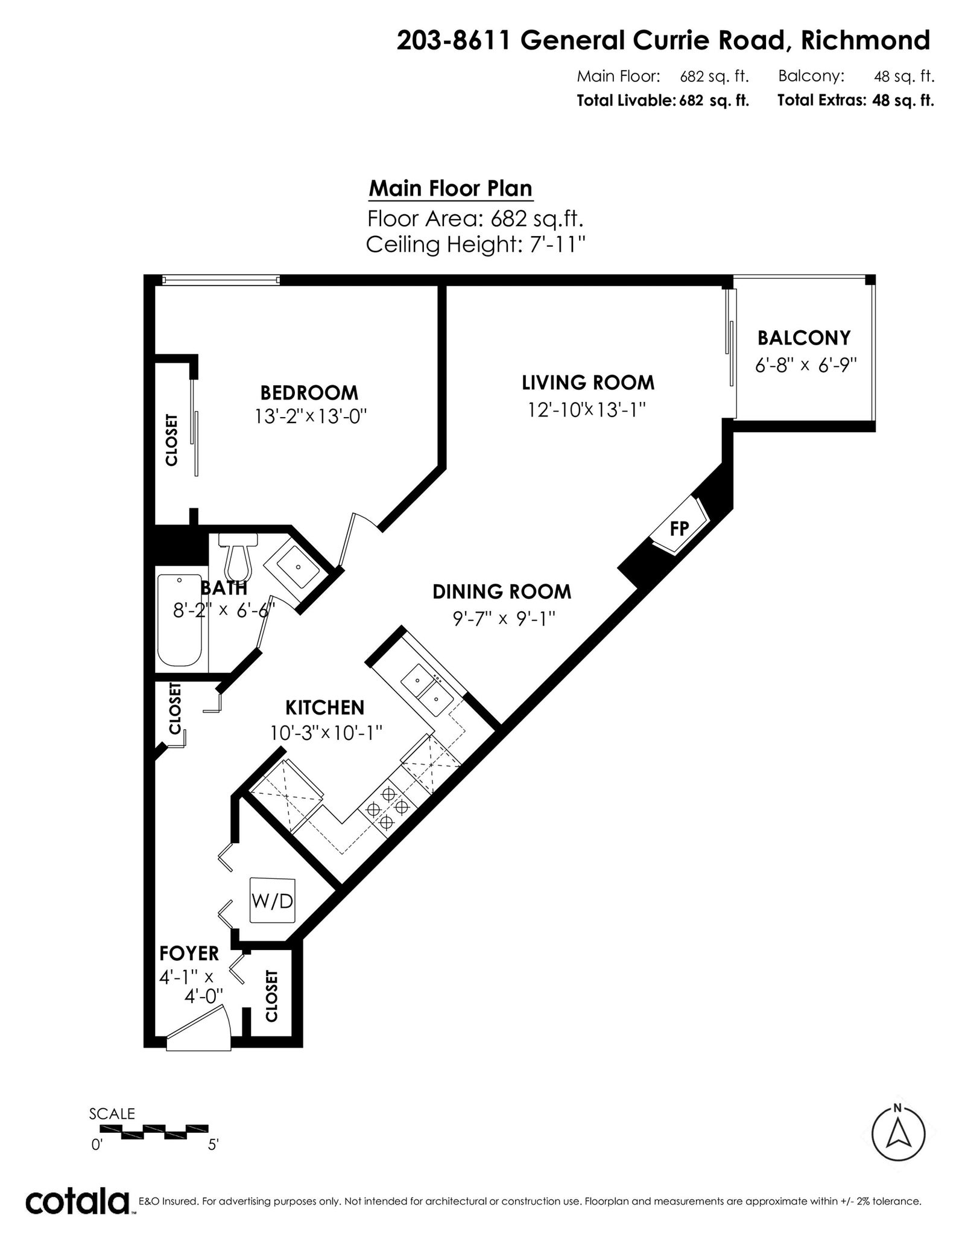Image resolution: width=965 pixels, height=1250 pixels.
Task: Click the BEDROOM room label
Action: tap(309, 393)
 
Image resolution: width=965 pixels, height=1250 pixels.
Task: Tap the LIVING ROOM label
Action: tap(588, 383)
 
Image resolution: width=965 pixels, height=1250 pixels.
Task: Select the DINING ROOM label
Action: tap(502, 592)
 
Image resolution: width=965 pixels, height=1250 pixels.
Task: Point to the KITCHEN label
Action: tap(324, 707)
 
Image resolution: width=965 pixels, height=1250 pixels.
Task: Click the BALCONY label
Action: tap(804, 338)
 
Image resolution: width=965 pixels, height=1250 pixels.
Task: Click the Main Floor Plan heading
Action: tap(451, 189)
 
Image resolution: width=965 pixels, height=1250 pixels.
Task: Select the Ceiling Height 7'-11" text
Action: tap(476, 245)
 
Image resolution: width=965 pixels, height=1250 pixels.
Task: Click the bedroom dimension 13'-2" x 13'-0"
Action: tap(311, 416)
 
